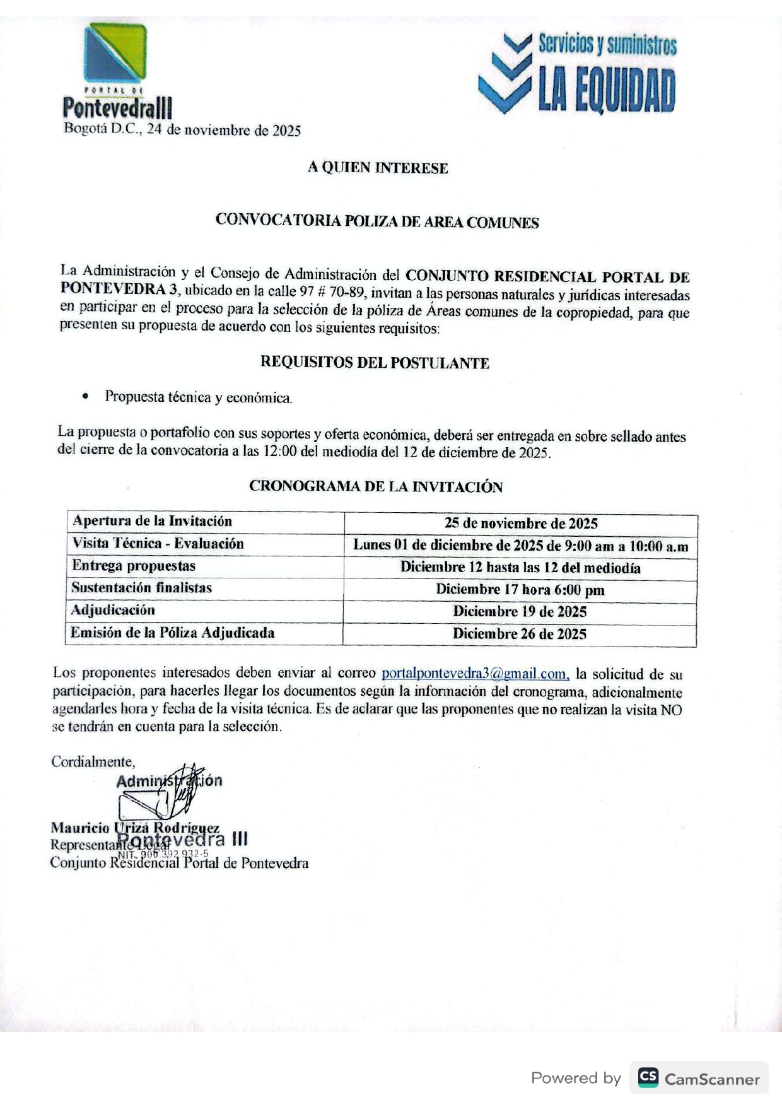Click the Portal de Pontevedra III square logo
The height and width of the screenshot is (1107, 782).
(115, 54)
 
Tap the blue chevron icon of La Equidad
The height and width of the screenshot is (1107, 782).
(505, 74)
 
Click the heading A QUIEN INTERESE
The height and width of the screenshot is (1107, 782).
(378, 168)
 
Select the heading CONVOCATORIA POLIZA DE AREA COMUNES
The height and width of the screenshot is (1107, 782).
(377, 221)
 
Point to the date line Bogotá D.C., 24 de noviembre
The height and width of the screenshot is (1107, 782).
(182, 131)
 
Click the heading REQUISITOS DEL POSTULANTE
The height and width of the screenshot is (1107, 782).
(375, 363)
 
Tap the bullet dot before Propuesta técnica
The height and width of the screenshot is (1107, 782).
(85, 397)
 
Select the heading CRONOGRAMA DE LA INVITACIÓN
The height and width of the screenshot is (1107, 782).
(376, 486)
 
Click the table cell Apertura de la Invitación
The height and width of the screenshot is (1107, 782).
(152, 521)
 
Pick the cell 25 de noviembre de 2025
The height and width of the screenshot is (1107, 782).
(521, 523)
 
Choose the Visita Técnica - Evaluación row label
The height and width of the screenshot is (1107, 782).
(158, 544)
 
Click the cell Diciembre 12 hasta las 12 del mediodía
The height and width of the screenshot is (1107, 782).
(520, 568)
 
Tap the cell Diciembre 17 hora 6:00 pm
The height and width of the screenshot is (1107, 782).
(520, 590)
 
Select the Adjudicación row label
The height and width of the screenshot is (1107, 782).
(113, 610)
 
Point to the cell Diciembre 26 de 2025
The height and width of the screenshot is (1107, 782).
(520, 634)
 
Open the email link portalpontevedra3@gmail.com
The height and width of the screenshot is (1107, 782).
(475, 674)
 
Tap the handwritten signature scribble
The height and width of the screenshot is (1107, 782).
(180, 792)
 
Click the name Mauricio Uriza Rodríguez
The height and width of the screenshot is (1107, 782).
(135, 828)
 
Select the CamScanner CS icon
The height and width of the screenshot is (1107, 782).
(648, 1077)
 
